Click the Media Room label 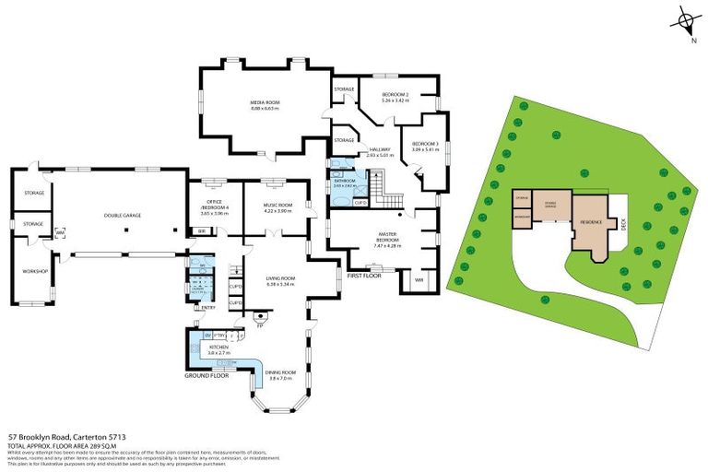265,102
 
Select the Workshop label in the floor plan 34,271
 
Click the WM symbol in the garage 61,232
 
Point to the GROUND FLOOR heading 206,376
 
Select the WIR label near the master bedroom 418,279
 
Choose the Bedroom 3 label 424,143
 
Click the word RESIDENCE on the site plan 590,222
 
